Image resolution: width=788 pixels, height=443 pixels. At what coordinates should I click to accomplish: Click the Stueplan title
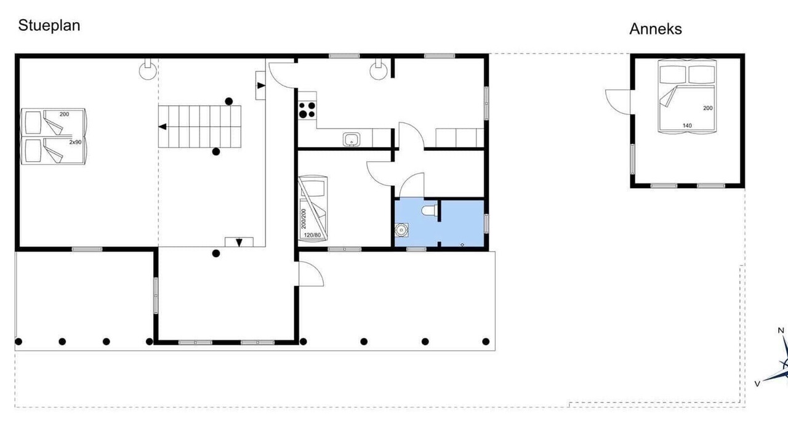click(49, 26)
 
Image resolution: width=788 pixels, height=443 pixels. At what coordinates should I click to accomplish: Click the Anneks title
click(656, 29)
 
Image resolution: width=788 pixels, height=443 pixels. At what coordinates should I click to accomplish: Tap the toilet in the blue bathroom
click(429, 210)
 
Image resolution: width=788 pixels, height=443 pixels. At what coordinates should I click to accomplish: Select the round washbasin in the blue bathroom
click(401, 230)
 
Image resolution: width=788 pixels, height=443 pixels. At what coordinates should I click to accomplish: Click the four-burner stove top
click(307, 110)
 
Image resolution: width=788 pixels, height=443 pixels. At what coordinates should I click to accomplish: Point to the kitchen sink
click(352, 139)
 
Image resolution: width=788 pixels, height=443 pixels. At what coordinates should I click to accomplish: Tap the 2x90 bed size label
click(75, 142)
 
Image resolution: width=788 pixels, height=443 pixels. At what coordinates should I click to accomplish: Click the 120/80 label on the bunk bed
click(312, 235)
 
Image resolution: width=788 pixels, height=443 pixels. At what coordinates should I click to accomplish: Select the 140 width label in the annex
click(687, 126)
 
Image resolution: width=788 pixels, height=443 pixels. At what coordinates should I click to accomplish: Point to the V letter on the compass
click(757, 384)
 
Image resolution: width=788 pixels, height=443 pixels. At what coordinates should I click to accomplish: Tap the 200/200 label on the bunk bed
click(304, 218)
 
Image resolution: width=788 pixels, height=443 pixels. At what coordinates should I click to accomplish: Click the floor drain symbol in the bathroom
click(462, 245)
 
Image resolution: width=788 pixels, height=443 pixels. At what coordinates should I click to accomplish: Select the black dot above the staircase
click(228, 102)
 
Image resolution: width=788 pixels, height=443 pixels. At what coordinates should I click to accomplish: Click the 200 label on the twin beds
click(65, 114)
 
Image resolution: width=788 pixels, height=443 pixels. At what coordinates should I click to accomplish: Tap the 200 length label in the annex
click(708, 108)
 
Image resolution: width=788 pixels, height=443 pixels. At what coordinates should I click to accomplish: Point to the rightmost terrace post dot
click(486, 341)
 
